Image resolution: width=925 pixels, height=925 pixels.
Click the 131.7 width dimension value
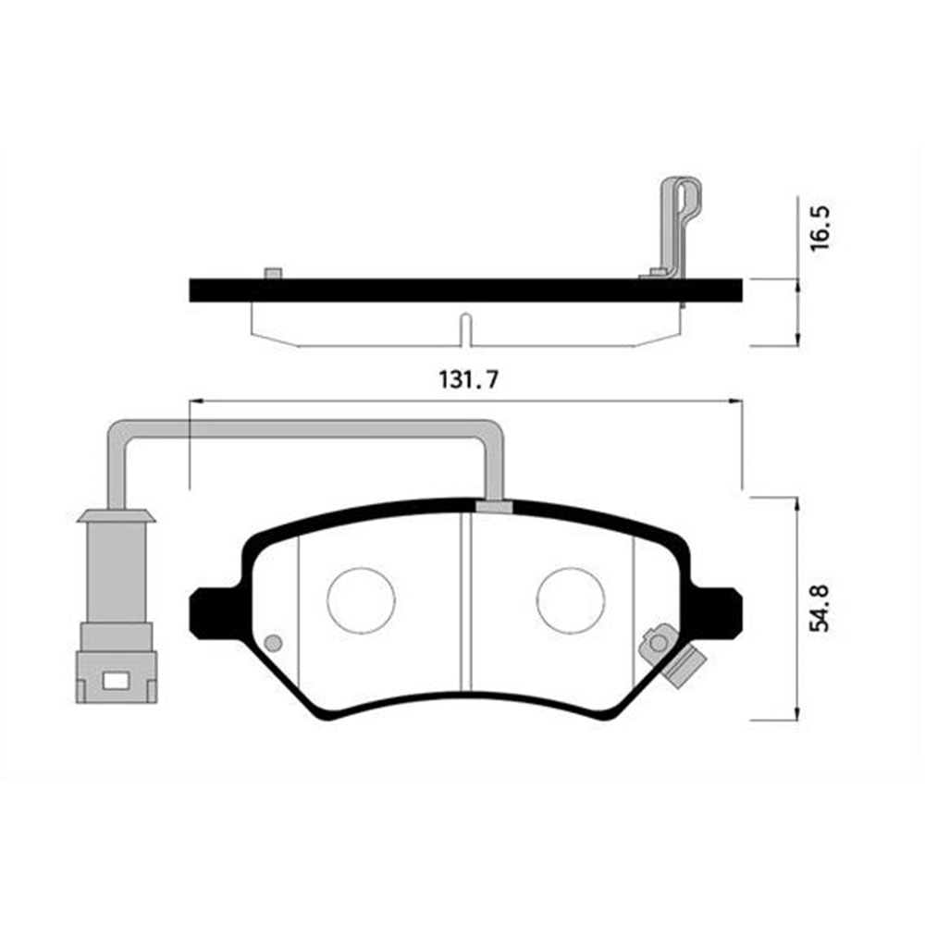[x=468, y=379]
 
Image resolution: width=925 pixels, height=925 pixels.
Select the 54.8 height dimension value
[x=820, y=609]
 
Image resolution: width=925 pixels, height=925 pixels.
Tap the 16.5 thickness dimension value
[x=820, y=228]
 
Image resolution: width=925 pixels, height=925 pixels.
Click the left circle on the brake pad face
[x=361, y=600]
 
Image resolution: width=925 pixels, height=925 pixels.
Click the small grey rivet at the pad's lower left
[x=273, y=643]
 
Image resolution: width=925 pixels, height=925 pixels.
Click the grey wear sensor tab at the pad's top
[x=494, y=507]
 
